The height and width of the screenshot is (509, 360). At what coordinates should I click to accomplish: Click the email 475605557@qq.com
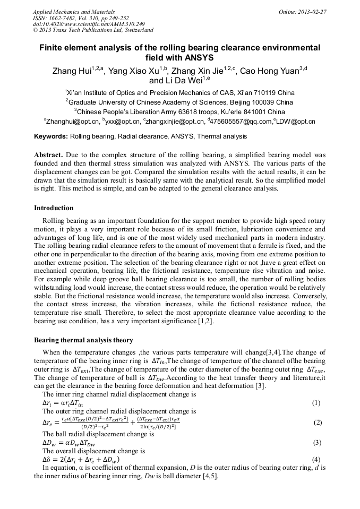[241, 122]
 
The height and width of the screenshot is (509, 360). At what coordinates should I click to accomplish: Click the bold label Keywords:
[51, 137]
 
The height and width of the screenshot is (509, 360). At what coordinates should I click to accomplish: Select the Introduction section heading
[54, 208]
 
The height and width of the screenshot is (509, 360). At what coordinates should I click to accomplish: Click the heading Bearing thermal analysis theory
[83, 340]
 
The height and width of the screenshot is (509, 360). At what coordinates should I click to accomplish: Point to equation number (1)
[316, 403]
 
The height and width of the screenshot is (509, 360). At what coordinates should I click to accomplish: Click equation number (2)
[318, 422]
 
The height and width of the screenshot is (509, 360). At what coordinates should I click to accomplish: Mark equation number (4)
[316, 459]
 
